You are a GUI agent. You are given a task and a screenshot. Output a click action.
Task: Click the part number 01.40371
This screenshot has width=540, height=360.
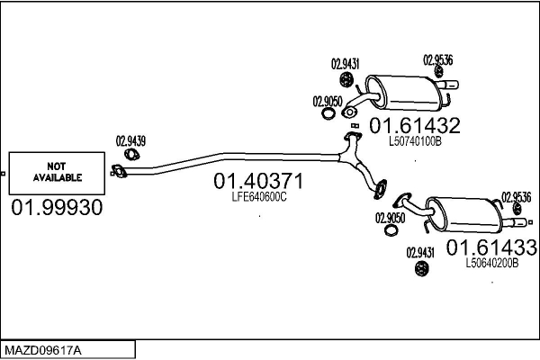(x=258, y=181)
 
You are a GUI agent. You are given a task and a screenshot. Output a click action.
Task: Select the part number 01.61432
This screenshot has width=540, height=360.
(x=415, y=125)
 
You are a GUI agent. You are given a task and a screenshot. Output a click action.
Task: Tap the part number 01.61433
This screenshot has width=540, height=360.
(x=491, y=247)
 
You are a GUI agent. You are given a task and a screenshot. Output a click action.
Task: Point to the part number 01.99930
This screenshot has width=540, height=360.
(x=57, y=207)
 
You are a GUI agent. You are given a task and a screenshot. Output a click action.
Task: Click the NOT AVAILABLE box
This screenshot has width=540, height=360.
(x=57, y=174)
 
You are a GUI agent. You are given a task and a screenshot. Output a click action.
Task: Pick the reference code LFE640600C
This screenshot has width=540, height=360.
(x=259, y=197)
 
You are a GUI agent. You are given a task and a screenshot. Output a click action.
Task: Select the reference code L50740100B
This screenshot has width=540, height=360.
(x=415, y=141)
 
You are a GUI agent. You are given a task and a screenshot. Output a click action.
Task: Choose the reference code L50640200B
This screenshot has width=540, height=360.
(x=491, y=263)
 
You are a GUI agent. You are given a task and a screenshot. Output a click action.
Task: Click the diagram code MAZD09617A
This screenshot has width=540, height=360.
(x=43, y=350)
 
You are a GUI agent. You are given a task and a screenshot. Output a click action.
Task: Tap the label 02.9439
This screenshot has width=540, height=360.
(x=130, y=141)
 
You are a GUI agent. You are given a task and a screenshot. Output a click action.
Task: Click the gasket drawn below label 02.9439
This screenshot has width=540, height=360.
(x=131, y=155)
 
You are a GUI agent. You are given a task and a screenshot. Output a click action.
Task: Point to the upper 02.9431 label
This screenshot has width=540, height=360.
(x=345, y=64)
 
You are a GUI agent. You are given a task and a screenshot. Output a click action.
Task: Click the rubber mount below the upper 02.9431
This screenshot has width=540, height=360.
(x=346, y=80)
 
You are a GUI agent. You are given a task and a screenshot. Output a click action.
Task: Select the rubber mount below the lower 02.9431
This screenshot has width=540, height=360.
(x=421, y=269)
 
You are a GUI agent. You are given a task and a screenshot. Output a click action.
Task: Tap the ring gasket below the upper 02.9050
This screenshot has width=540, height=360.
(x=328, y=113)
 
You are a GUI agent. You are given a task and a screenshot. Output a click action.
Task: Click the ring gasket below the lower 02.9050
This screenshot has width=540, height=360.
(x=391, y=230)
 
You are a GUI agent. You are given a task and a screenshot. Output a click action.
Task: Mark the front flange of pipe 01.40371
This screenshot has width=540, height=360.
(x=119, y=171)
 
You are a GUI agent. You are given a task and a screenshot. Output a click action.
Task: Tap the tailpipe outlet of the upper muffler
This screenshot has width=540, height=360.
(x=447, y=85)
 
